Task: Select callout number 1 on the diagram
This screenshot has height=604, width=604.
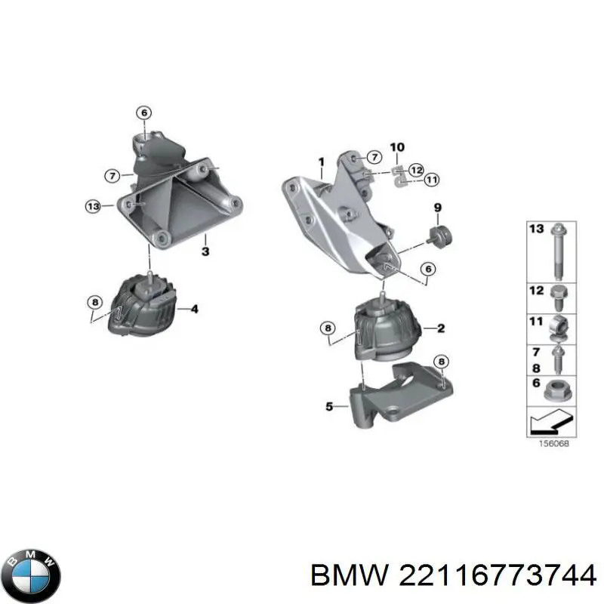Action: coord(321,162)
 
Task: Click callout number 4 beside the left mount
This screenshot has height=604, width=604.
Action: coord(194,308)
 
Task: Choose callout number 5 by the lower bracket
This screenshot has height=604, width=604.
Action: coord(328,407)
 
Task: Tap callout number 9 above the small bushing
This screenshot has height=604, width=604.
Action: coord(436,207)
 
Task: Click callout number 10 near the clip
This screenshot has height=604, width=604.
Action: coord(397,147)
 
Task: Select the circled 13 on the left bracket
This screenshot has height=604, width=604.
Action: coord(92,205)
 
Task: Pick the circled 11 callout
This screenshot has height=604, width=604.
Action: coord(431,179)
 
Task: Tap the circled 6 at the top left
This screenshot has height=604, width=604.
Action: coord(143,113)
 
